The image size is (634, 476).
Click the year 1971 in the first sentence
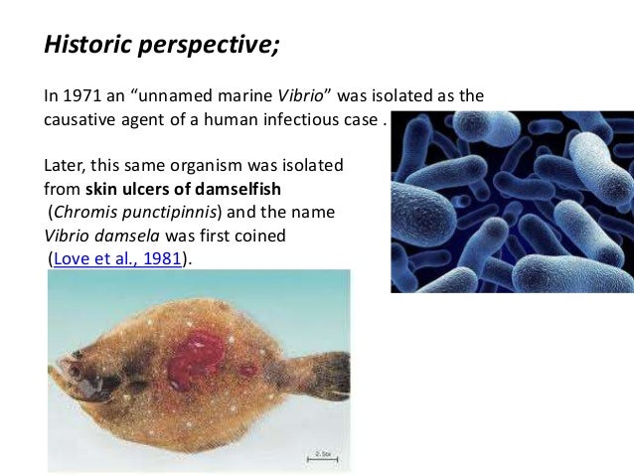point(79,97)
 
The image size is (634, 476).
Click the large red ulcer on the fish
point(196,359)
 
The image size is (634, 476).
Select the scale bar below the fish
point(319,458)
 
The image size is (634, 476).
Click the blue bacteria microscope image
point(512,201)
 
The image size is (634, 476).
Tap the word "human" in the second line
point(231,120)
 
